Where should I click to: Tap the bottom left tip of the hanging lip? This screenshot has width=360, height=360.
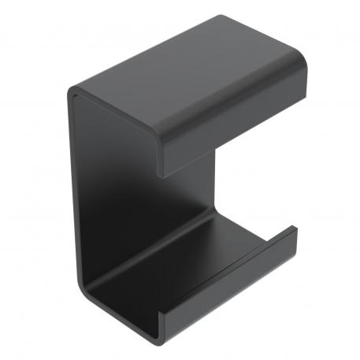[163, 171]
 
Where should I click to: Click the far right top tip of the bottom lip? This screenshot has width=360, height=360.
[295, 228]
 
